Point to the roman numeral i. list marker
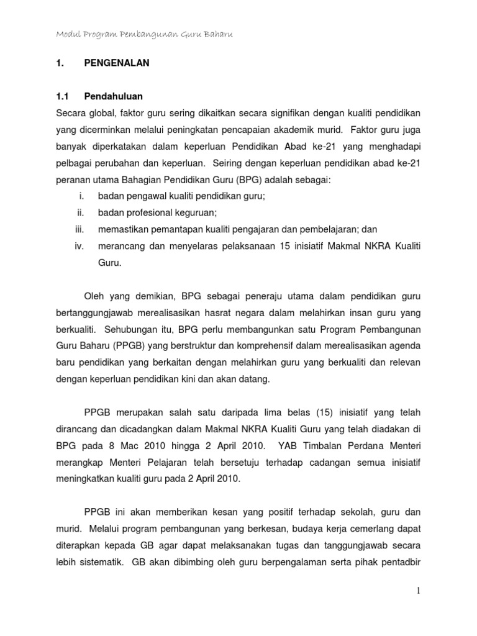coord(81,196)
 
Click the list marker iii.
coord(79,229)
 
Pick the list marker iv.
coord(79,246)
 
